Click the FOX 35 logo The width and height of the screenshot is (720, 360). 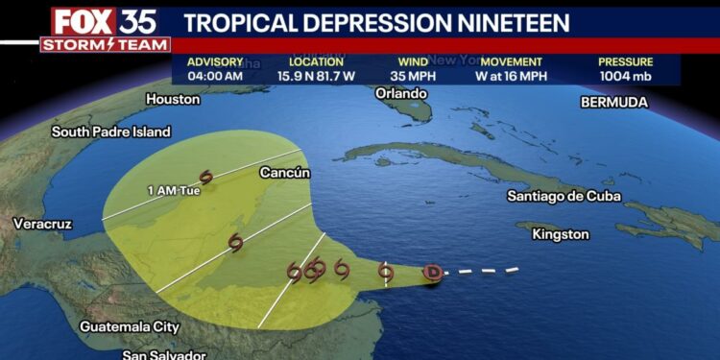[x=105, y=21]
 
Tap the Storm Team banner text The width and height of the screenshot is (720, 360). [x=106, y=44]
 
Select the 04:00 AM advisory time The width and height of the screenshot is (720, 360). [x=216, y=75]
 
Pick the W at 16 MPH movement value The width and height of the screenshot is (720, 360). [x=512, y=75]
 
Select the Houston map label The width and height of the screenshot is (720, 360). [x=173, y=99]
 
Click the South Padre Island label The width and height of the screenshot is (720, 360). [x=111, y=132]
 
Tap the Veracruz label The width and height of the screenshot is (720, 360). [x=42, y=224]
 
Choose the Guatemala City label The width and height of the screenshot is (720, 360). [x=130, y=326]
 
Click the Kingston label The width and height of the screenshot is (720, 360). [x=560, y=234]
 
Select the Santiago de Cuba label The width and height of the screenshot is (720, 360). [x=564, y=196]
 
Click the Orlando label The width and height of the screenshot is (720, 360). [x=400, y=93]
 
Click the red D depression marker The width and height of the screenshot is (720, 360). [x=433, y=273]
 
